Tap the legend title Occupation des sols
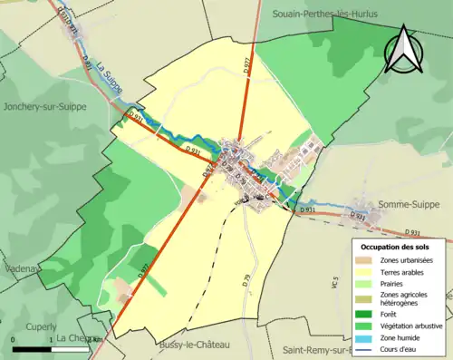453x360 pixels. click(x=395, y=247)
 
